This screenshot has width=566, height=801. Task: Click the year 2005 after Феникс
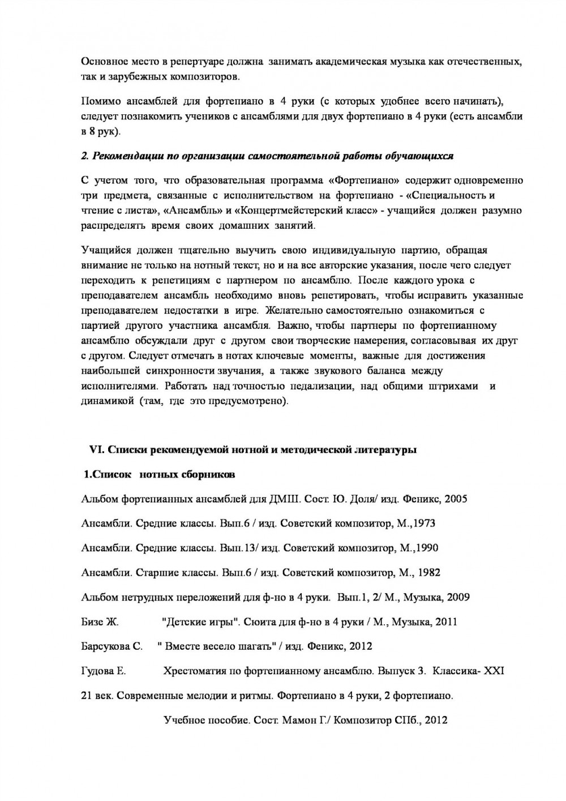click(x=456, y=499)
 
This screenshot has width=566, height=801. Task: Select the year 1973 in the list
click(x=424, y=524)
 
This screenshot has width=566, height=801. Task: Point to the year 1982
click(x=428, y=572)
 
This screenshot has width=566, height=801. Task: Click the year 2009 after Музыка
click(x=458, y=597)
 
